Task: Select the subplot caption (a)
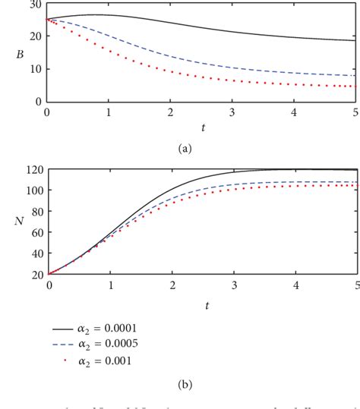[184, 149]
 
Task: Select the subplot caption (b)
[184, 385]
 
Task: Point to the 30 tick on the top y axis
[36, 5]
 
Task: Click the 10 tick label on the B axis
[36, 69]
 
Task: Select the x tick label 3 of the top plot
[232, 112]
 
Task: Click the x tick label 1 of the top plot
[109, 112]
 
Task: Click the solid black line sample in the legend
[62, 329]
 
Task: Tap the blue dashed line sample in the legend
[62, 345]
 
